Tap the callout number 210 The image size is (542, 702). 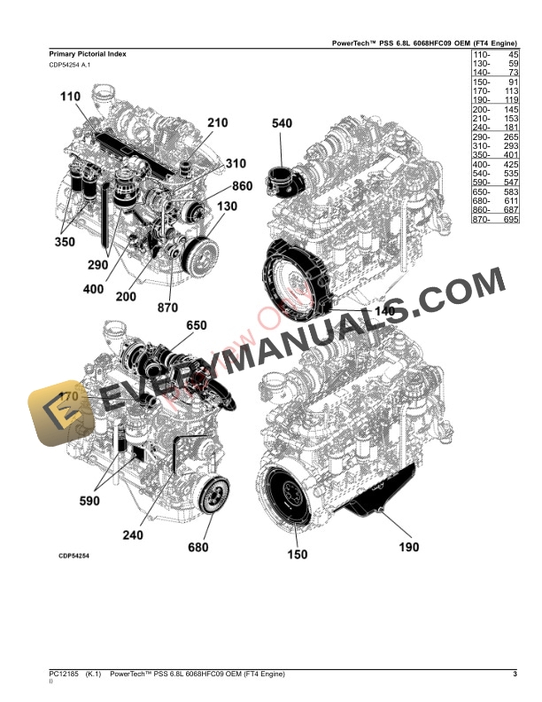tap(218, 123)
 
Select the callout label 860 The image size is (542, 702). tap(243, 186)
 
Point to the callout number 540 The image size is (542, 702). tap(282, 124)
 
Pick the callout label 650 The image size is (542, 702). tap(196, 326)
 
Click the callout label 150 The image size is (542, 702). tap(298, 554)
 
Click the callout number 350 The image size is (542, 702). tap(64, 240)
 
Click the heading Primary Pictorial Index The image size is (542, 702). tap(88, 54)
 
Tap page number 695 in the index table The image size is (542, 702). tap(507, 219)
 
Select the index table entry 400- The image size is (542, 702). tap(481, 165)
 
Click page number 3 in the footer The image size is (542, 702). tap(515, 676)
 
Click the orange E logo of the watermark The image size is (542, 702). tap(58, 415)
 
